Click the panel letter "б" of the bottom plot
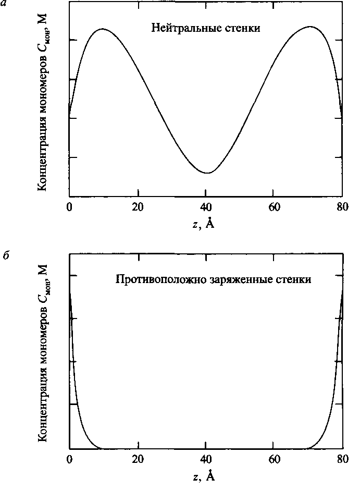4,257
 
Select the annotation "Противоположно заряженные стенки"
213,280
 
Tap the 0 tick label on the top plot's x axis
69,206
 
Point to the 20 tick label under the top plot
138,206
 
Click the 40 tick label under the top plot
206,206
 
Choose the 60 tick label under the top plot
275,206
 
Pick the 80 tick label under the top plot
342,206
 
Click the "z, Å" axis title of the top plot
202,224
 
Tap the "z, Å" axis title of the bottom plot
202,476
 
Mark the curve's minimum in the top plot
208,173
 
